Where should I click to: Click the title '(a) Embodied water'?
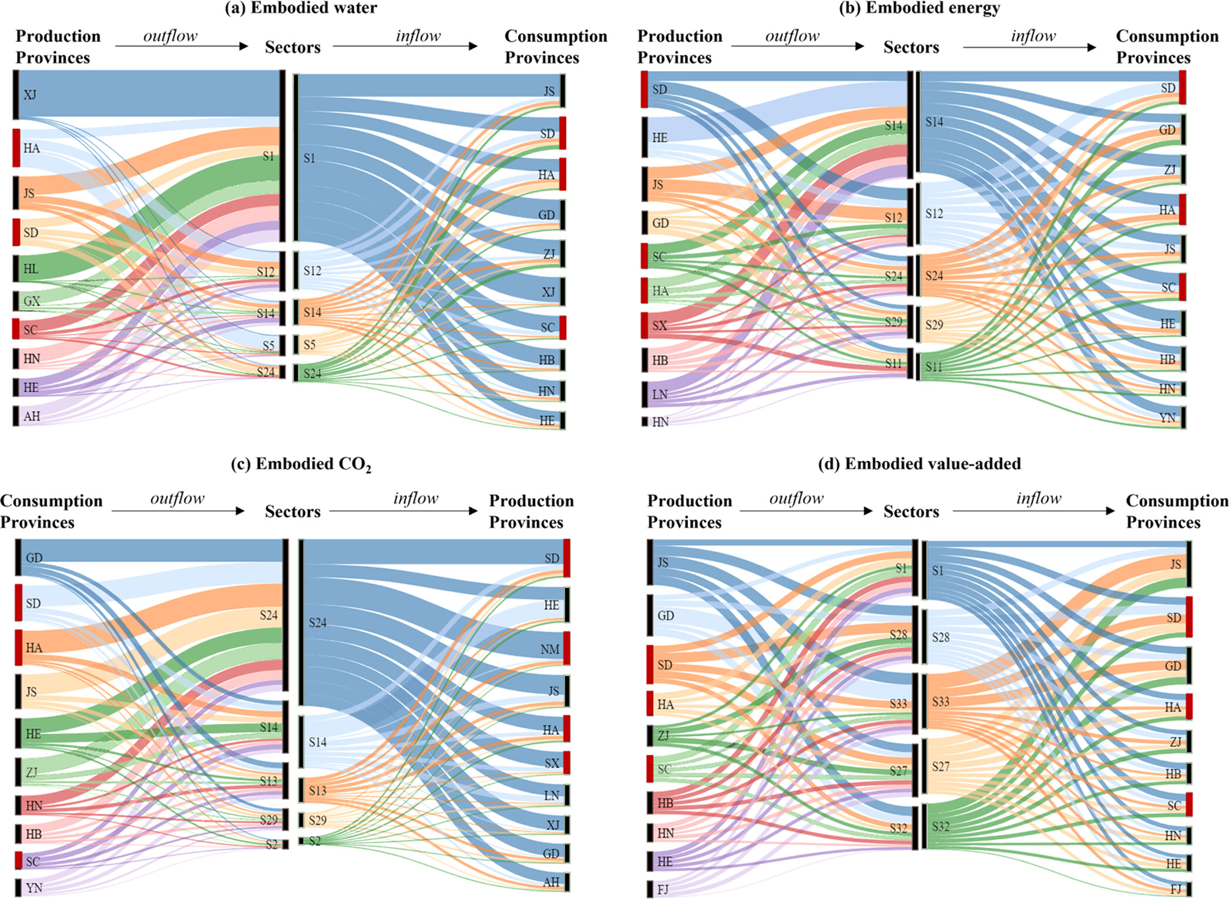[301, 8]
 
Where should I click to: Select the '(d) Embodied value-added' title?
[919, 464]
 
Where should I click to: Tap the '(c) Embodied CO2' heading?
[301, 464]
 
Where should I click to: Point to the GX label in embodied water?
[32, 301]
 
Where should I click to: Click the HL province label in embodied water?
[31, 269]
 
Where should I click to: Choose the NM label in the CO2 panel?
[550, 649]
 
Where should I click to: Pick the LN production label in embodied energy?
[660, 394]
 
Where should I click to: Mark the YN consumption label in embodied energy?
[1167, 418]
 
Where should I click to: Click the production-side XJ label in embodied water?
[30, 95]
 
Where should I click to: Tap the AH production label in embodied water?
[32, 416]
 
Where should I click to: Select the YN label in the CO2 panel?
[34, 887]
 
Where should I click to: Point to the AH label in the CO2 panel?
[551, 881]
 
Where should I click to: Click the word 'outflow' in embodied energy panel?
[792, 36]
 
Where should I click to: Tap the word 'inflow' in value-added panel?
[1039, 499]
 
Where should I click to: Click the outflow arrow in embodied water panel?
[182, 46]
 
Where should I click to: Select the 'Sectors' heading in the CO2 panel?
[293, 511]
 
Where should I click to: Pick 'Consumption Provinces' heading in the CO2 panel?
[51, 511]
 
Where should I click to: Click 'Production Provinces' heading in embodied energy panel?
[680, 47]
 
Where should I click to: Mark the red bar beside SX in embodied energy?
[644, 325]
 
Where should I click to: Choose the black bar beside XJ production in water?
[16, 95]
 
